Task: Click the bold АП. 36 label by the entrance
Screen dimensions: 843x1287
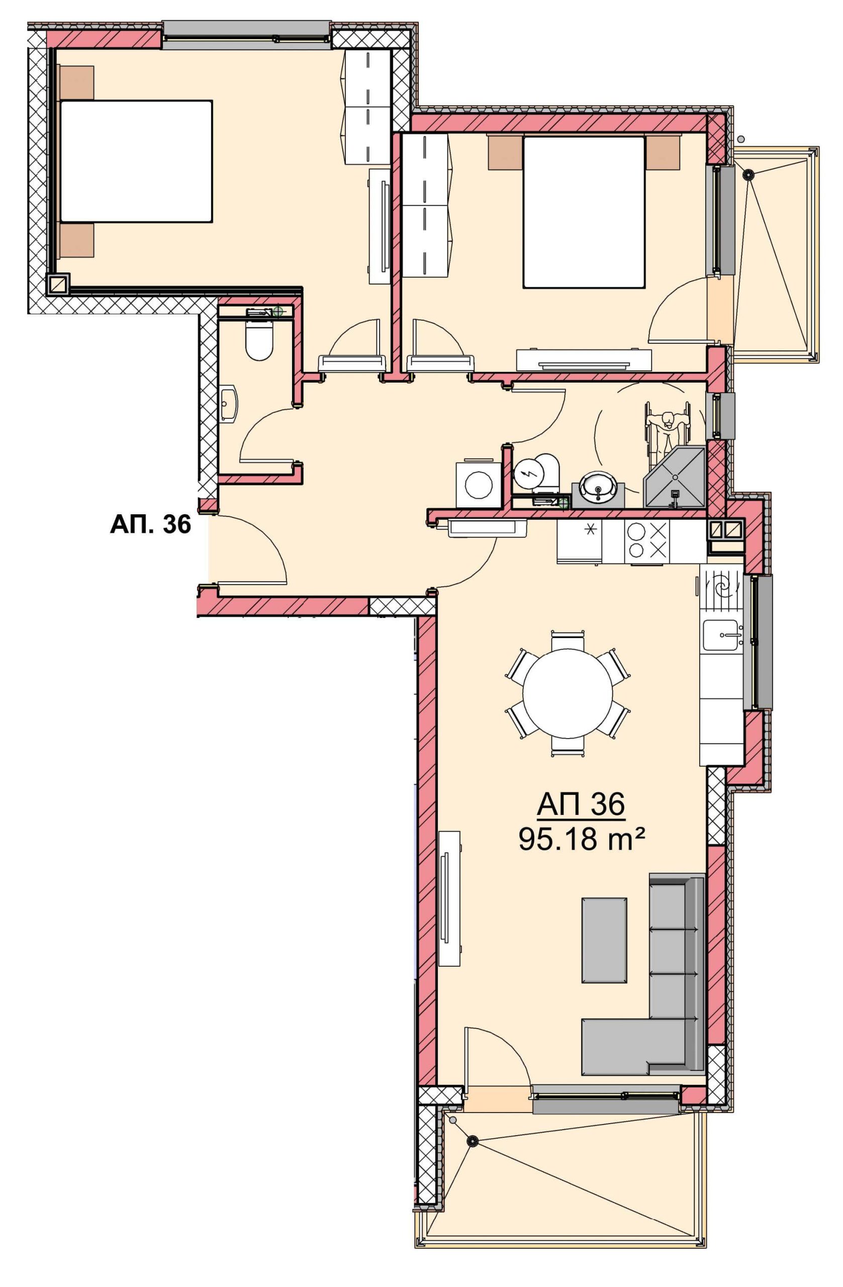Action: [150, 524]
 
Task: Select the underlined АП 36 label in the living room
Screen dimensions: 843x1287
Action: [581, 804]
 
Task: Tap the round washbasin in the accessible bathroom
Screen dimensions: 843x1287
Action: [598, 488]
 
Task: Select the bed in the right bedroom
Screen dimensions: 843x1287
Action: [584, 212]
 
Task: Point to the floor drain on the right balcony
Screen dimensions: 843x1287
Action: [748, 174]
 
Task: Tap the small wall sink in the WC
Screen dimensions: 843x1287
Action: [229, 403]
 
